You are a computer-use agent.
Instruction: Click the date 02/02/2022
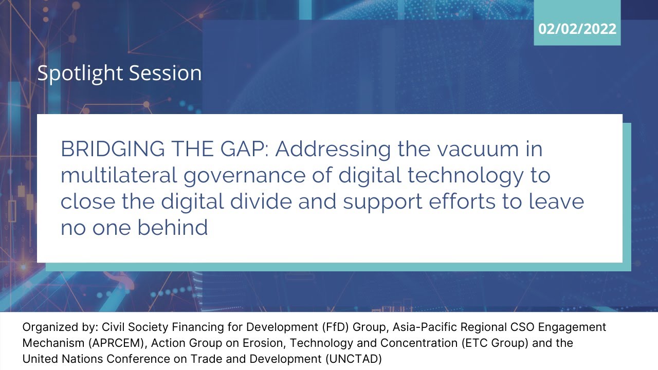click(577, 29)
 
